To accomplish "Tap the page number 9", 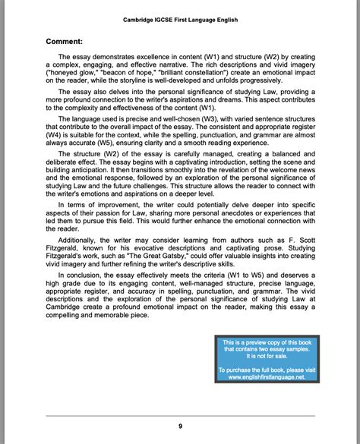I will [180, 426].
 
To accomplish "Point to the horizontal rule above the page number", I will [180, 416].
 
